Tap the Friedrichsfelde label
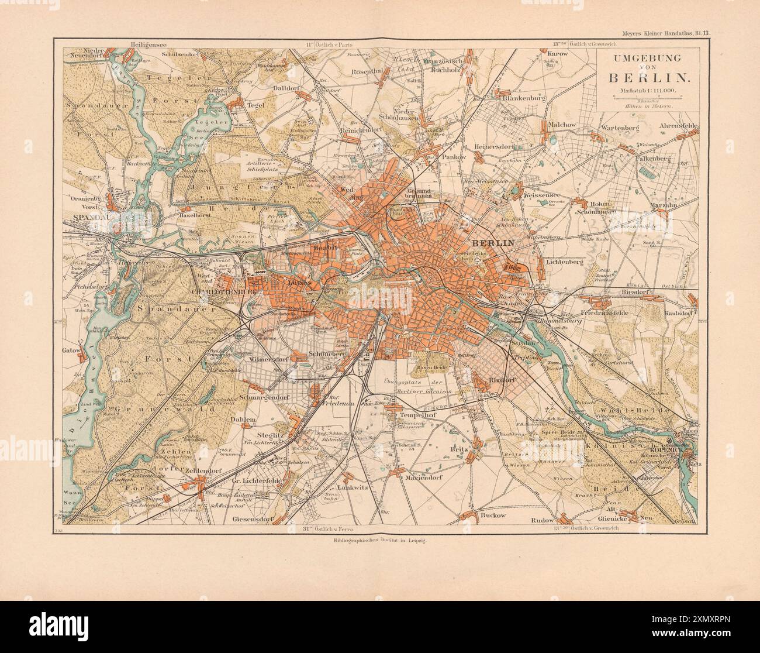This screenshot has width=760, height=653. coord(608,314)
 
